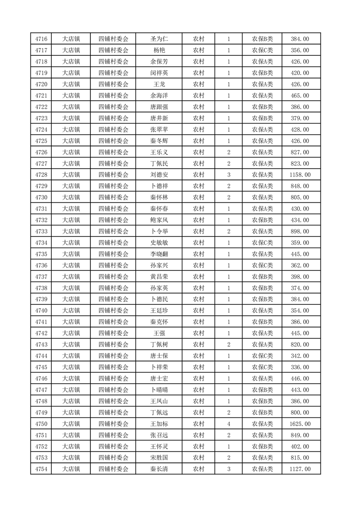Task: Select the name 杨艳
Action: (159, 50)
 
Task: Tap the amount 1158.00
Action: (301, 175)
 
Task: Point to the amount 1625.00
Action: (301, 424)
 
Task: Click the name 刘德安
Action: (159, 175)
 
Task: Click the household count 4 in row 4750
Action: (228, 424)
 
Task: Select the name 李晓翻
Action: (159, 254)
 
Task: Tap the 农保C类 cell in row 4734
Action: (262, 243)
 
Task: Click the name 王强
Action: (159, 333)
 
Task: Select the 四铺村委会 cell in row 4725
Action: (113, 141)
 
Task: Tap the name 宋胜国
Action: (159, 458)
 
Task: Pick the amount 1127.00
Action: (301, 469)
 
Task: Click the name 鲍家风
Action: (159, 220)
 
